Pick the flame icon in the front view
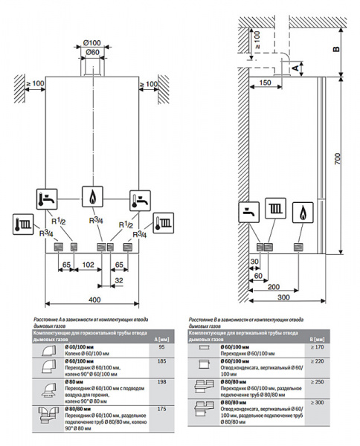92,197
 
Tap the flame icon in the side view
303,211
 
